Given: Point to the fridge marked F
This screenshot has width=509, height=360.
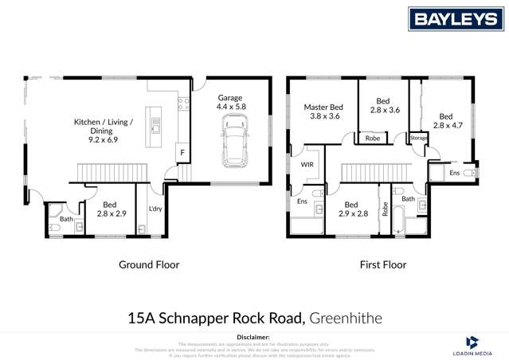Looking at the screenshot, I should (x=182, y=151).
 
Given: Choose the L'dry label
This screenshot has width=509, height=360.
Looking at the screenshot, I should (x=155, y=209).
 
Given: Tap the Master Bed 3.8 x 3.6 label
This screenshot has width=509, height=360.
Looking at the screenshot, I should (x=323, y=112).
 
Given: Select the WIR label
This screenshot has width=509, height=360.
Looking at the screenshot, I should (x=307, y=165).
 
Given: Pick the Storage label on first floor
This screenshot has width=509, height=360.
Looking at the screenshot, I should (x=418, y=139).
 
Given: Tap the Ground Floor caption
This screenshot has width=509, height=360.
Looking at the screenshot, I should (x=149, y=264).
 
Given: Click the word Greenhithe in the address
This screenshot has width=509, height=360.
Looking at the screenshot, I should (x=347, y=318).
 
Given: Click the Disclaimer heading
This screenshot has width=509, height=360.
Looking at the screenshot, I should (x=254, y=337).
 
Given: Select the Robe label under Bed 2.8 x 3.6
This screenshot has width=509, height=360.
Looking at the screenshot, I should (x=372, y=139).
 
